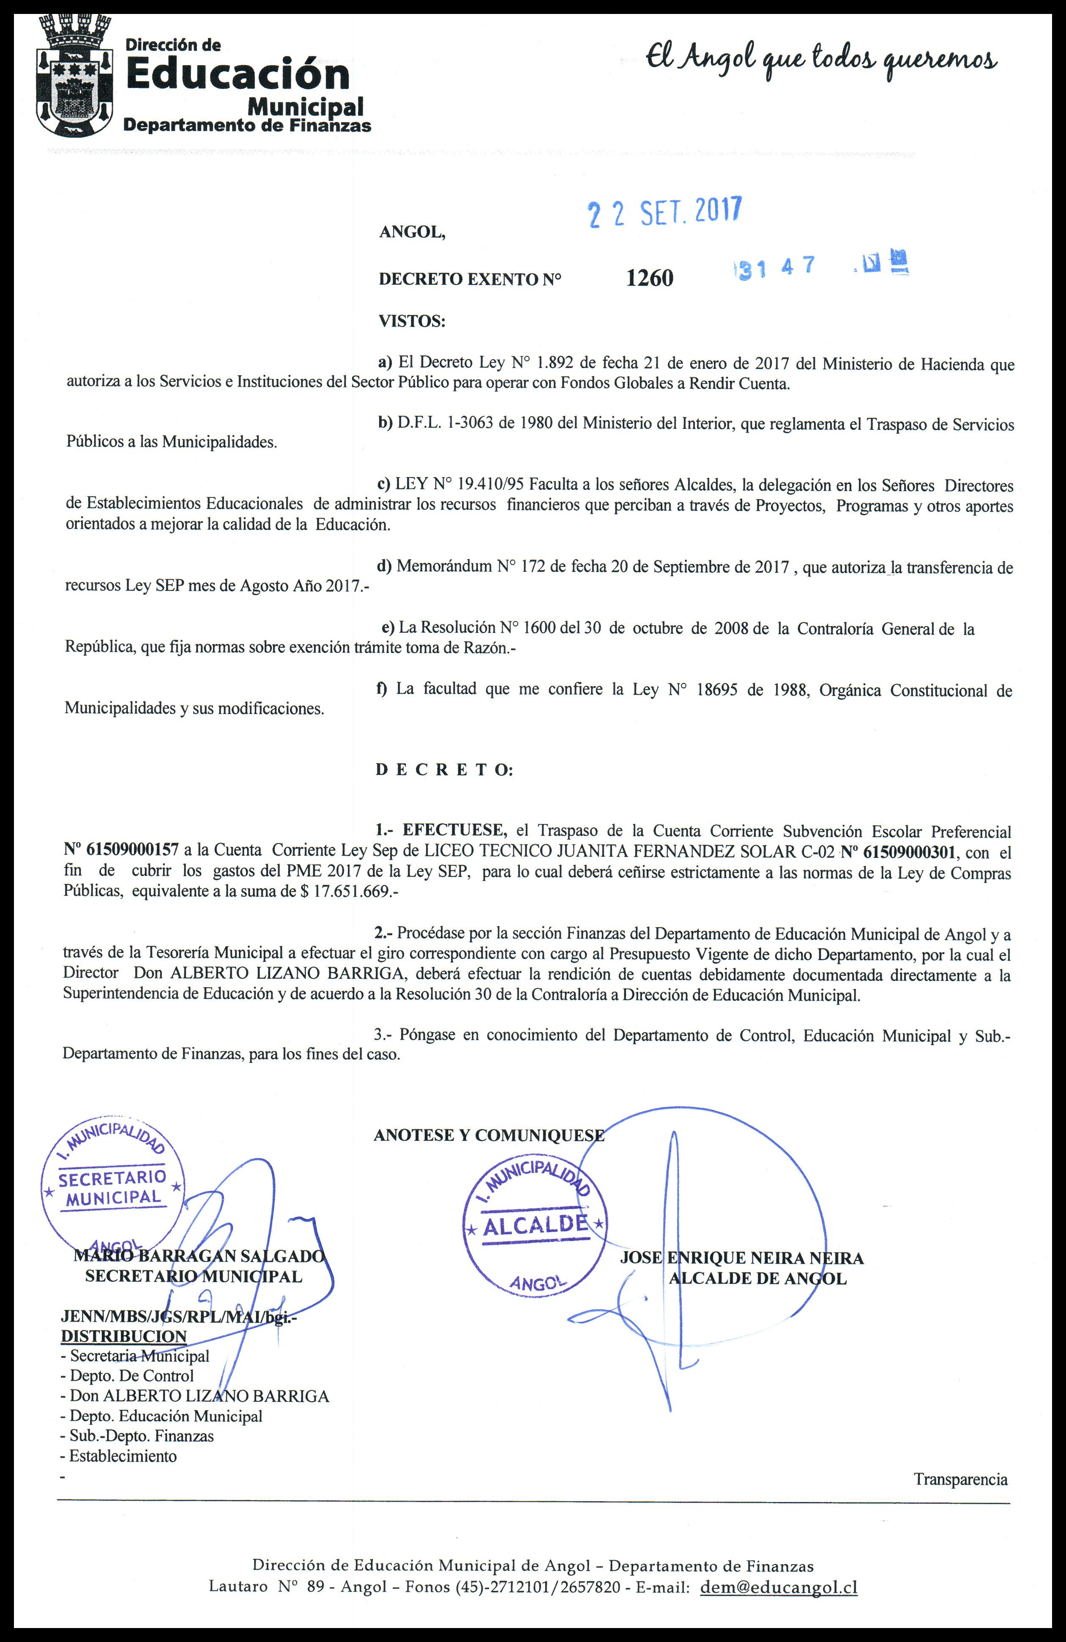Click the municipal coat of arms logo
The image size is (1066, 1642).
74,74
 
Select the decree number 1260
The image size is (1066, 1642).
650,277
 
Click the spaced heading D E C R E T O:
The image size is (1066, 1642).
444,770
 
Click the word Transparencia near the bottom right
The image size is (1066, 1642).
960,1479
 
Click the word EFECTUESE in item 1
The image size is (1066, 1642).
454,831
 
